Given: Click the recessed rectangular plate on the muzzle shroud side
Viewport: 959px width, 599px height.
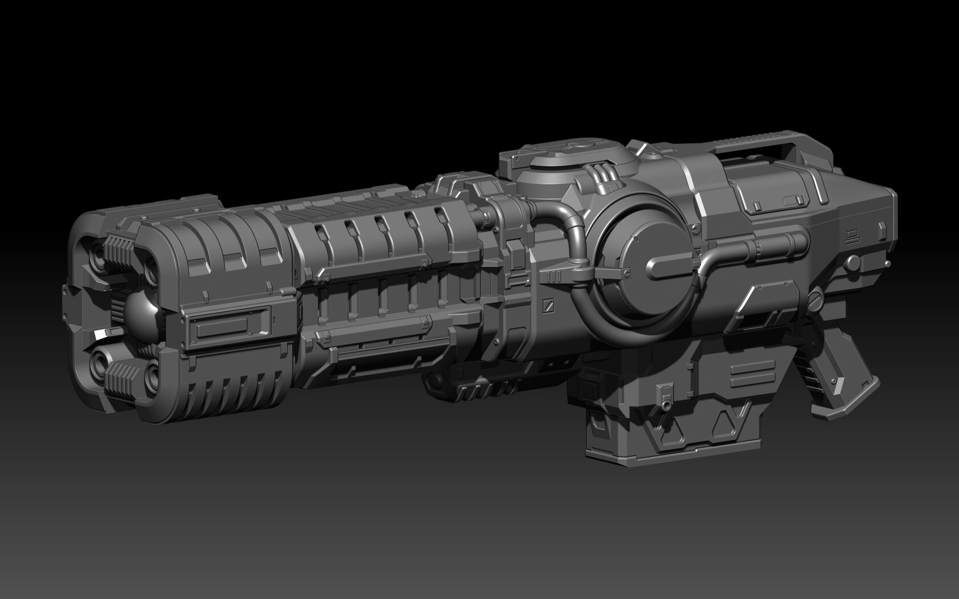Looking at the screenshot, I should [x=222, y=328].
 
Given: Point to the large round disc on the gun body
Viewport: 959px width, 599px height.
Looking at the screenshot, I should [x=639, y=268].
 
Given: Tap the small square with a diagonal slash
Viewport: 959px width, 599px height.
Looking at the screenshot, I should [x=548, y=305].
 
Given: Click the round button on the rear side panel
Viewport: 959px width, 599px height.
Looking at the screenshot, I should [x=853, y=262].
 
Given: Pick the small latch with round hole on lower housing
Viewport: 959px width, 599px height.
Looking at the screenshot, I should [x=663, y=397].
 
